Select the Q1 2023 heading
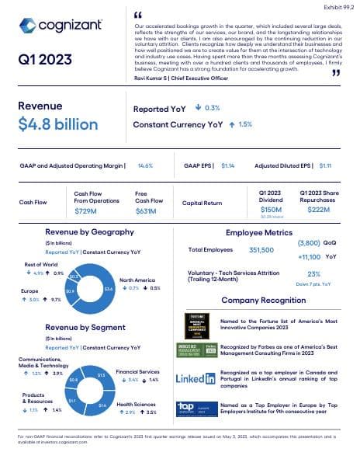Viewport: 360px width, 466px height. click(46, 60)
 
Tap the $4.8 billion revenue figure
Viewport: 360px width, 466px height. click(58, 124)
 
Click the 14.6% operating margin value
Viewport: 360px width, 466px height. click(145, 165)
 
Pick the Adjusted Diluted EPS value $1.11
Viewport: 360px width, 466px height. click(325, 165)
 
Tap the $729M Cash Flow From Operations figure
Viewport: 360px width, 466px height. click(85, 210)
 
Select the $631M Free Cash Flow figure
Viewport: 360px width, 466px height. click(147, 210)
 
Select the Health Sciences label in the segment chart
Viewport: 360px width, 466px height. click(138, 403)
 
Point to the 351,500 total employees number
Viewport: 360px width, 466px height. click(261, 249)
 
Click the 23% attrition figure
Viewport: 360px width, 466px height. click(314, 274)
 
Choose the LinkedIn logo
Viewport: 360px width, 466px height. click(196, 379)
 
